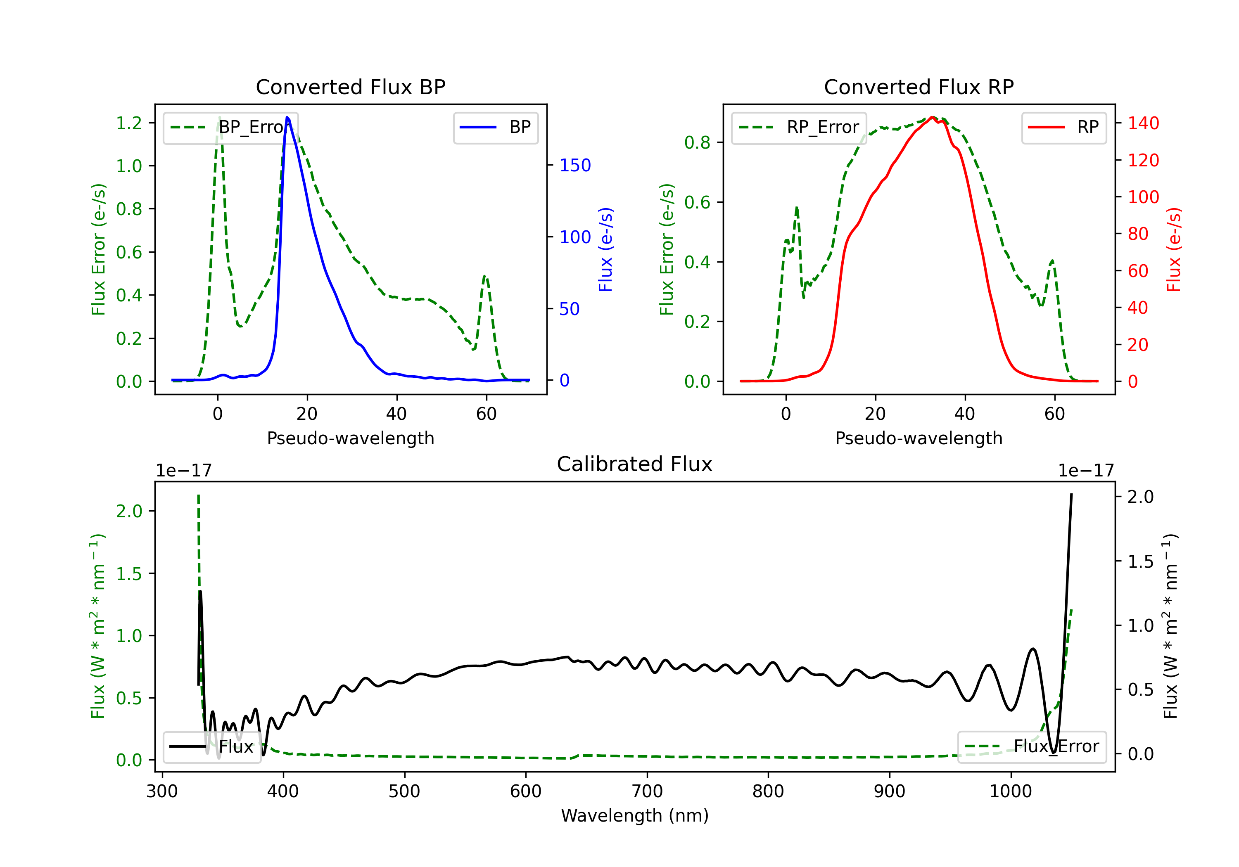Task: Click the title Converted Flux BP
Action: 350,87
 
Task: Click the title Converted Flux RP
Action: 919,87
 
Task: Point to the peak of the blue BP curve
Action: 287,118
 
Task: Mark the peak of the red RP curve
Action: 932,117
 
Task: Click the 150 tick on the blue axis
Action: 575,165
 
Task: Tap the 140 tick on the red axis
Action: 1143,123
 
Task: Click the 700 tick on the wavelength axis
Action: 646,791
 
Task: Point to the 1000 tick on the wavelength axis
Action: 1010,791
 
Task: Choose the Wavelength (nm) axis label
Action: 635,815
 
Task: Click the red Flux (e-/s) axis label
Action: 1173,249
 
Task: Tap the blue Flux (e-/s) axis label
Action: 605,249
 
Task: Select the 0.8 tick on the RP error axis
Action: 697,142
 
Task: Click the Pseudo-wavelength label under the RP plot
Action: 919,438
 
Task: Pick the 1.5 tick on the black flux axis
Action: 1140,561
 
